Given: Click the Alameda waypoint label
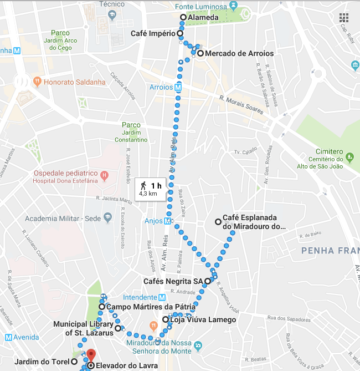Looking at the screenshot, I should (x=200, y=18).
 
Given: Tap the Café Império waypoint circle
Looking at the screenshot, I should (x=180, y=33).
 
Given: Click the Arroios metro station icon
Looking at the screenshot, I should (x=178, y=87).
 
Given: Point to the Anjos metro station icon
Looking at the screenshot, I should (x=167, y=221).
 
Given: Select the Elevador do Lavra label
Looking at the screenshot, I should (x=126, y=366).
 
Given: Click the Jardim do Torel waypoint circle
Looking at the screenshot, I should (x=74, y=361).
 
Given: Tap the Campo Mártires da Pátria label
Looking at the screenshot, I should (x=150, y=307).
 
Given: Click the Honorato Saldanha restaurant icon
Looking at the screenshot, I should (x=37, y=82).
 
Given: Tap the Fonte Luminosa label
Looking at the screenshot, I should (x=201, y=7).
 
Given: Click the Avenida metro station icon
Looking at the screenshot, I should (x=9, y=338).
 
